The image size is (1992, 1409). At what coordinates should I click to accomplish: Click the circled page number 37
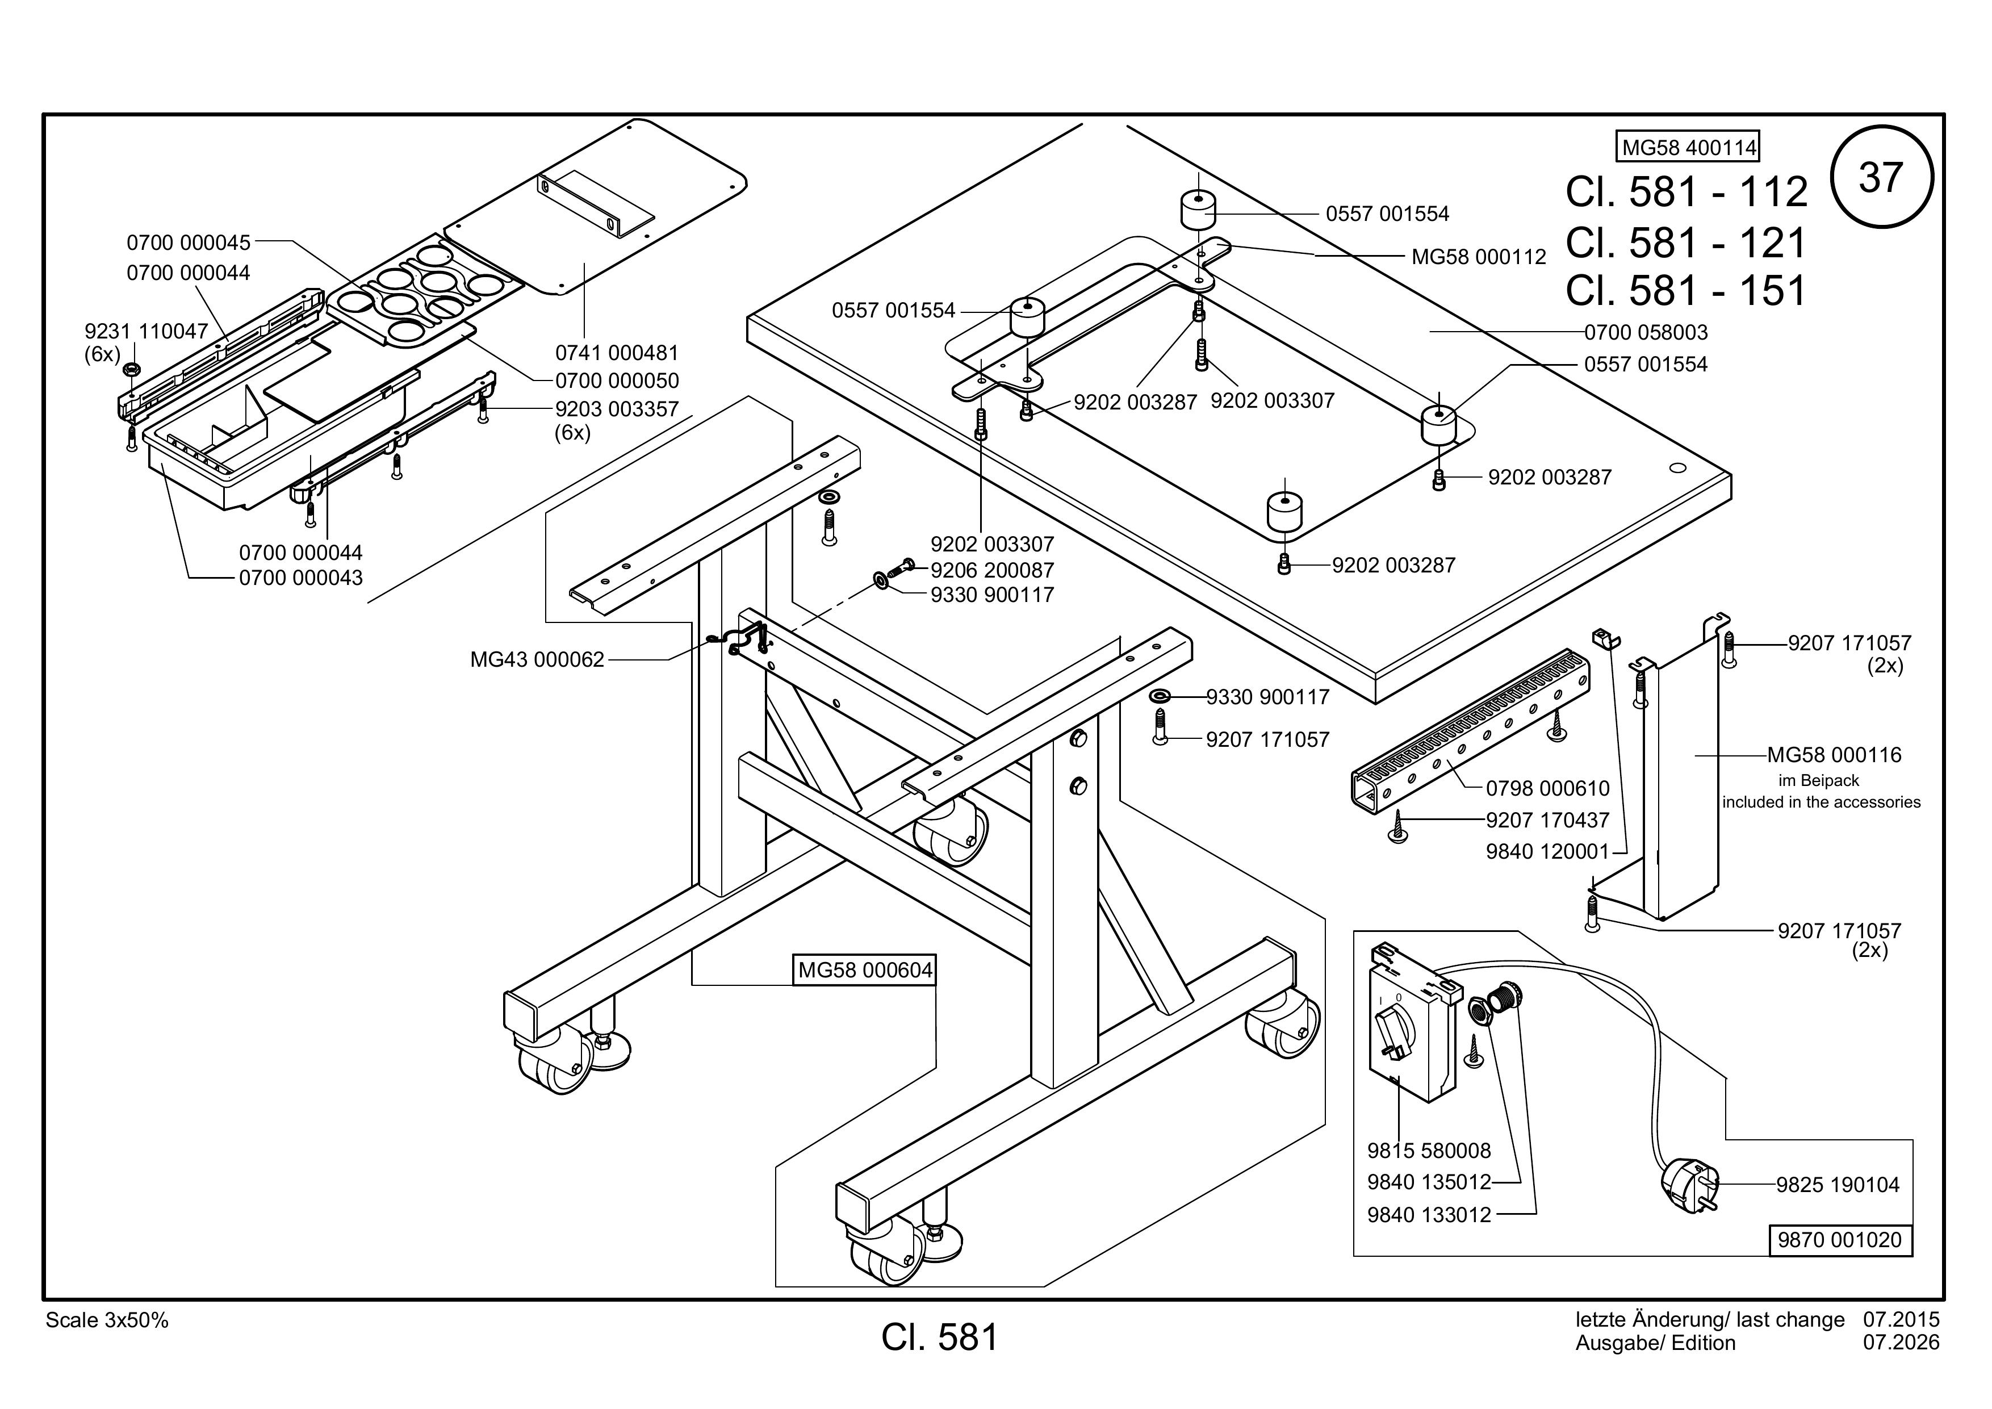tap(1881, 177)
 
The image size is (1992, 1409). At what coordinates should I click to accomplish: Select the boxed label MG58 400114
tap(1688, 148)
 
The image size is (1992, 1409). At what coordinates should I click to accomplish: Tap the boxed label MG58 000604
tap(865, 970)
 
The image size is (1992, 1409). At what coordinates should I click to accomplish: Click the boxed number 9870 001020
tap(1839, 1240)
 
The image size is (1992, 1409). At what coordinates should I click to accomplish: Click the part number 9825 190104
tap(1838, 1184)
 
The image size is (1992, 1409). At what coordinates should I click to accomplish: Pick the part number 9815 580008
tap(1429, 1151)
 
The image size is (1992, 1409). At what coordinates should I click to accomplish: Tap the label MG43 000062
tap(537, 659)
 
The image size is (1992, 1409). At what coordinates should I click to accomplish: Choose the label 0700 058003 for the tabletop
tap(1646, 332)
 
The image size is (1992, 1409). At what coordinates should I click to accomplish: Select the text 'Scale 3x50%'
tap(107, 1320)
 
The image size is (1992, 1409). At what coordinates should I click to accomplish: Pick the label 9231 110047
tap(146, 332)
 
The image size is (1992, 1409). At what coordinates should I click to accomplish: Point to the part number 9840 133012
tap(1429, 1215)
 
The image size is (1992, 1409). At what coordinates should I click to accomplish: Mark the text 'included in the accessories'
tap(1821, 802)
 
